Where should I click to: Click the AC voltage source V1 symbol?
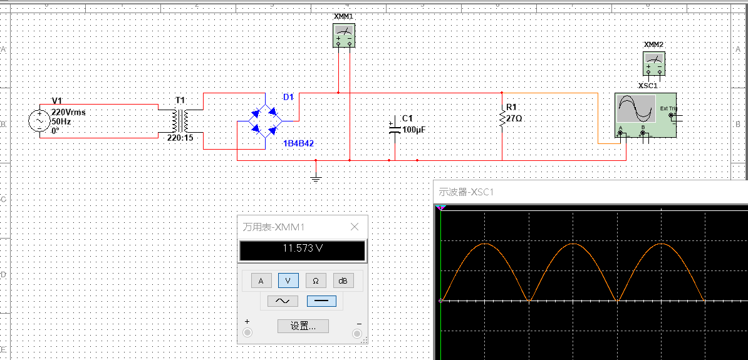[x=39, y=121]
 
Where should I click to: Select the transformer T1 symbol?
[x=180, y=119]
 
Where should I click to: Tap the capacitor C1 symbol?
[x=395, y=129]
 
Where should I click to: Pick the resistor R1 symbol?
[x=502, y=119]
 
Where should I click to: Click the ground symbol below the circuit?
[x=316, y=178]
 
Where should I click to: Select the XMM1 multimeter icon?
[x=343, y=36]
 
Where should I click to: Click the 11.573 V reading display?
[x=302, y=249]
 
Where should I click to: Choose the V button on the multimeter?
[x=288, y=280]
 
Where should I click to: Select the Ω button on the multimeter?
[x=316, y=280]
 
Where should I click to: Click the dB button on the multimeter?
[x=343, y=280]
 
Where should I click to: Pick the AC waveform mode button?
[x=283, y=301]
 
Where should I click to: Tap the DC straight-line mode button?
[x=321, y=301]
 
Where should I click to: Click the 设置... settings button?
[x=303, y=326]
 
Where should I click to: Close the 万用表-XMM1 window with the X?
[x=355, y=227]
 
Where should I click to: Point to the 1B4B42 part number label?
[x=298, y=143]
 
